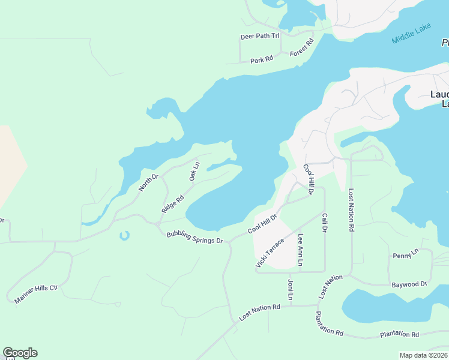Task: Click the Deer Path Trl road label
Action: [260, 36]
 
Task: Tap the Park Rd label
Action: [262, 60]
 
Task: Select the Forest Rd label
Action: [302, 48]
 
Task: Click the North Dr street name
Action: [148, 182]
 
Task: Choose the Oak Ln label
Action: [193, 171]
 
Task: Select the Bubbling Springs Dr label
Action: [194, 236]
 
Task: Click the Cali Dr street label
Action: [325, 222]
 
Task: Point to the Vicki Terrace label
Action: [269, 253]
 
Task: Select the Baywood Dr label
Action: [409, 284]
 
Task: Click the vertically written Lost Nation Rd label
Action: [352, 211]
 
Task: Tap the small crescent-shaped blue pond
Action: [124, 236]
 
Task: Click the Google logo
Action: [20, 353]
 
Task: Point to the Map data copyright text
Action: [424, 355]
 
